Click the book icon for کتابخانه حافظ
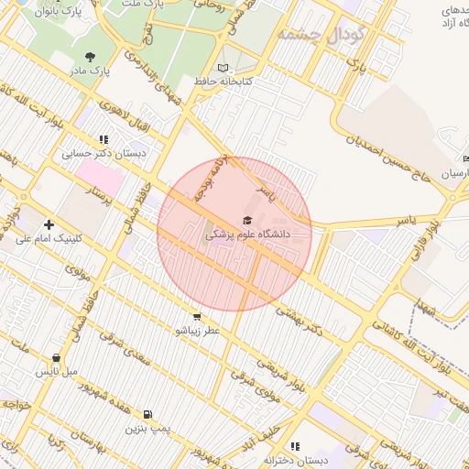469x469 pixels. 224,68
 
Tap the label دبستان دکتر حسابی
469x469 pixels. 104,153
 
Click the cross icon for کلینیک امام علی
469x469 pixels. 49,224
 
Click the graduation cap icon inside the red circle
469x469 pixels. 245,220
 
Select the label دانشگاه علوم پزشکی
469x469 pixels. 246,235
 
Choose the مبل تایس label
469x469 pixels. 57,372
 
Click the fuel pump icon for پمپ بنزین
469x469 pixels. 147,414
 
